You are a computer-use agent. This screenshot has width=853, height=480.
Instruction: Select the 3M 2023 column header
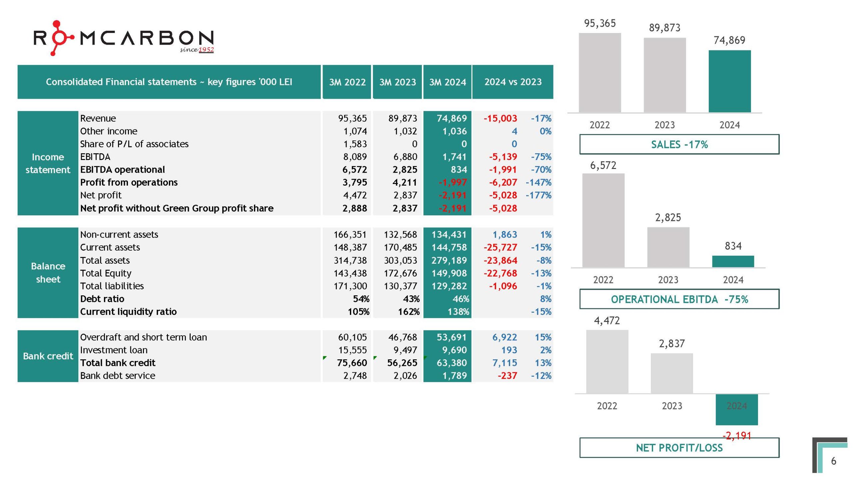tap(397, 82)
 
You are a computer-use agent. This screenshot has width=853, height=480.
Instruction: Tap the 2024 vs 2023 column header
tap(513, 82)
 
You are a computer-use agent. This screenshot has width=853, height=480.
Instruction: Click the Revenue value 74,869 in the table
tap(451, 118)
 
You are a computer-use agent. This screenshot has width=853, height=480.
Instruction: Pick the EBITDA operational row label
tap(122, 170)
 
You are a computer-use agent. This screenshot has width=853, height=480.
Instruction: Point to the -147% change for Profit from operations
tap(538, 182)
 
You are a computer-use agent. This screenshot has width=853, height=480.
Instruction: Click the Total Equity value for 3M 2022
tap(350, 273)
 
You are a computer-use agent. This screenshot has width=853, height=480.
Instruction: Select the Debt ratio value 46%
tap(460, 299)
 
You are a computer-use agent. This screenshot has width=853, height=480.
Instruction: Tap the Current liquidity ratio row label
tap(128, 312)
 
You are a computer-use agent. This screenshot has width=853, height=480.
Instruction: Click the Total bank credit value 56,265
tap(402, 363)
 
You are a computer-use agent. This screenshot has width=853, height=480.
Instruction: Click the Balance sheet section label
tap(48, 273)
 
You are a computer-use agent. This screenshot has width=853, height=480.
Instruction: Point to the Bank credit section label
tap(48, 356)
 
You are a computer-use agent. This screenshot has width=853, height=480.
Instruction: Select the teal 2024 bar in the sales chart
tap(729, 81)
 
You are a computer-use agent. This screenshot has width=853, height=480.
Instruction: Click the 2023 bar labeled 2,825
tap(668, 247)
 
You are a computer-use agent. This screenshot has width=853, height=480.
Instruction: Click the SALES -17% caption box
tap(679, 144)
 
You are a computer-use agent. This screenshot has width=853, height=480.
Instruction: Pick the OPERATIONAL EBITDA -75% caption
tap(679, 299)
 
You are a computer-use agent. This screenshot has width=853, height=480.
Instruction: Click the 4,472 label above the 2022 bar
tap(607, 321)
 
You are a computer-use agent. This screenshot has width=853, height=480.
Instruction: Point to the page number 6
tap(833, 461)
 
